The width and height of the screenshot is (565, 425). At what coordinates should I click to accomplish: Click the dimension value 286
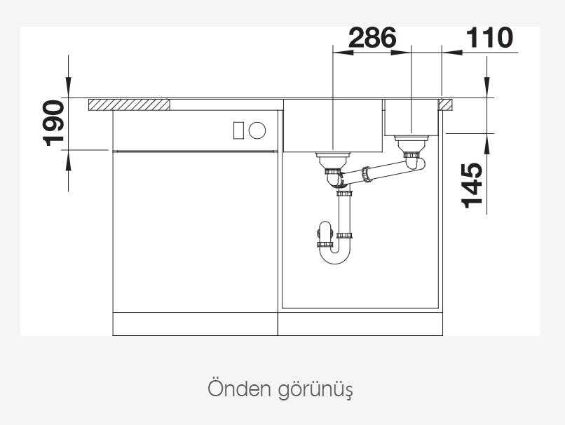point(372,38)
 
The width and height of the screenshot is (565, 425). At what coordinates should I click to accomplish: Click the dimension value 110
point(489,38)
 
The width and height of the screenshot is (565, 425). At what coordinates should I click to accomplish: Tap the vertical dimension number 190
point(54,123)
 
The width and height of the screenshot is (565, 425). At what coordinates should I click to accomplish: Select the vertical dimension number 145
point(472,185)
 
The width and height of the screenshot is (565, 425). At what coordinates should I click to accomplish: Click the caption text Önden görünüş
point(280,389)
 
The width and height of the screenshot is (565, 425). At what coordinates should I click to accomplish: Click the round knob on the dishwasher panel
point(257,130)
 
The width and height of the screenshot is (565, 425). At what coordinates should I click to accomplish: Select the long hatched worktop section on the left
point(129,105)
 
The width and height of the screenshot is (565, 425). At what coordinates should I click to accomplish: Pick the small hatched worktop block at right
point(445,105)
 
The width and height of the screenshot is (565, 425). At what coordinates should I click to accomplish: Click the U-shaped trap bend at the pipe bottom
point(335,257)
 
